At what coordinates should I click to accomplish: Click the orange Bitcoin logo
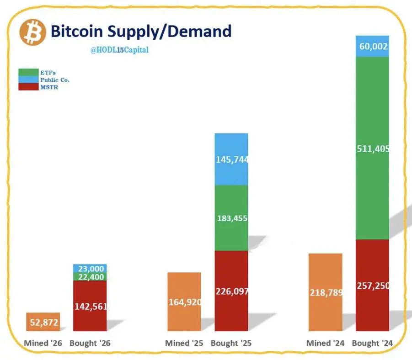[x=33, y=32]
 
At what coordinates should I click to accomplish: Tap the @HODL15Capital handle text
[x=119, y=50]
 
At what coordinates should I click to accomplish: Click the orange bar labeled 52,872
[x=43, y=322]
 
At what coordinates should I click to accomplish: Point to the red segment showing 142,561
[x=90, y=306]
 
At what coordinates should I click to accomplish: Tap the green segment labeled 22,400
[x=90, y=277]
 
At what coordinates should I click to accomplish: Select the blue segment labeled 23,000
[x=90, y=269]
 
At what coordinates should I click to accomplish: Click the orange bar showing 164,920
[x=184, y=302]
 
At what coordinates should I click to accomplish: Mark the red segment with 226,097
[x=231, y=291]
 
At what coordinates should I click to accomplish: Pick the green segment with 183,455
[x=231, y=218]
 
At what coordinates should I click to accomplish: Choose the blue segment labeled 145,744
[x=231, y=159]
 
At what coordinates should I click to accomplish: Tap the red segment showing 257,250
[x=372, y=285]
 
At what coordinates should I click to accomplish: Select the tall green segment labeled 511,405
[x=372, y=148]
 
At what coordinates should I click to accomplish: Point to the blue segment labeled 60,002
[x=372, y=46]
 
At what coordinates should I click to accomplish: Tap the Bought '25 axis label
[x=231, y=343]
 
